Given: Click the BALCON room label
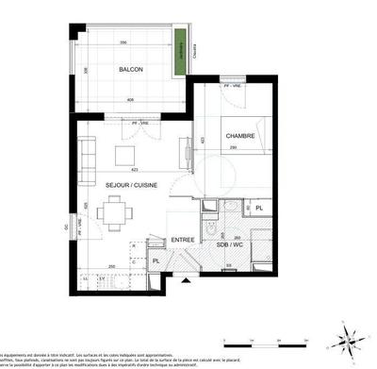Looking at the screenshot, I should point(131,70).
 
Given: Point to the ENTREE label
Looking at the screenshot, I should point(183,240).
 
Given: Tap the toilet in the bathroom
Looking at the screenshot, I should point(228,268).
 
